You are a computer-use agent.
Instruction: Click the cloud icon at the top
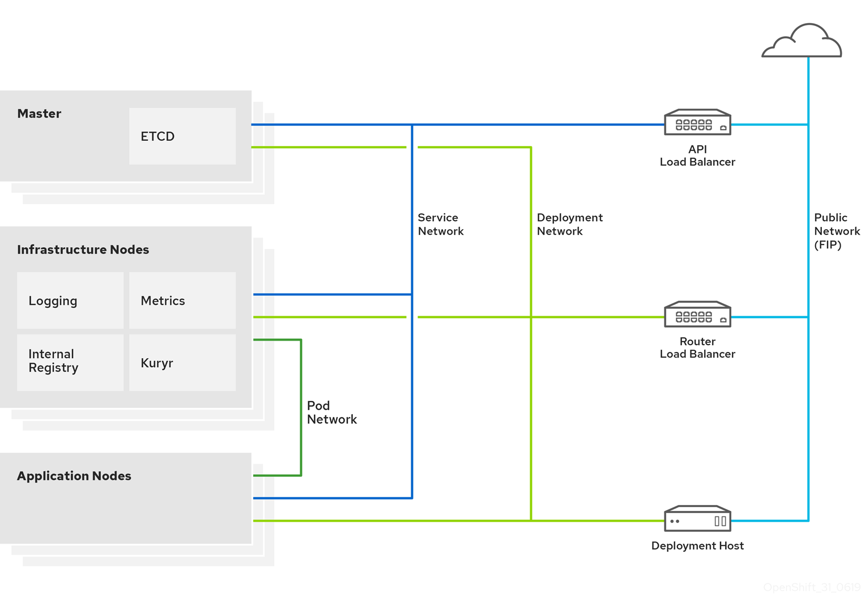pos(802,41)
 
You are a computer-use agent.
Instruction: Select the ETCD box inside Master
pos(182,136)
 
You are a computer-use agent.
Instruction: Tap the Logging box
pos(70,300)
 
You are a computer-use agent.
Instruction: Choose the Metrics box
pos(182,300)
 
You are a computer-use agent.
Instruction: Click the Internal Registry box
pos(70,362)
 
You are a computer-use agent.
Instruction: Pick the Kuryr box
pos(182,363)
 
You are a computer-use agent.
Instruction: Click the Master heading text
pos(39,114)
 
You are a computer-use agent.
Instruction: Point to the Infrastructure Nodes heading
pos(83,249)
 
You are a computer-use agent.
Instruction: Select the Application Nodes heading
pos(74,476)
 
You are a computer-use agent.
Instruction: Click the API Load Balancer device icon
pos(697,122)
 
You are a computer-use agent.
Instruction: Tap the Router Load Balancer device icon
pos(697,315)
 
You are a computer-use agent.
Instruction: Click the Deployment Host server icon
pos(697,519)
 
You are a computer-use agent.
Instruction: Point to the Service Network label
pos(440,224)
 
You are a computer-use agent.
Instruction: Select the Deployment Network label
pos(569,224)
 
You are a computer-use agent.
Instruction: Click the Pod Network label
pos(331,412)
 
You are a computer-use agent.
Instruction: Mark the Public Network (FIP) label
pos(836,231)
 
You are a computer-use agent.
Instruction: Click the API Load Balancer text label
pos(697,156)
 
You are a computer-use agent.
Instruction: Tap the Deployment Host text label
pos(697,546)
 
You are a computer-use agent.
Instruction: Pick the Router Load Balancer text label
pos(697,347)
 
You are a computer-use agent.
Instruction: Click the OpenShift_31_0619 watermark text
pos(811,587)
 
